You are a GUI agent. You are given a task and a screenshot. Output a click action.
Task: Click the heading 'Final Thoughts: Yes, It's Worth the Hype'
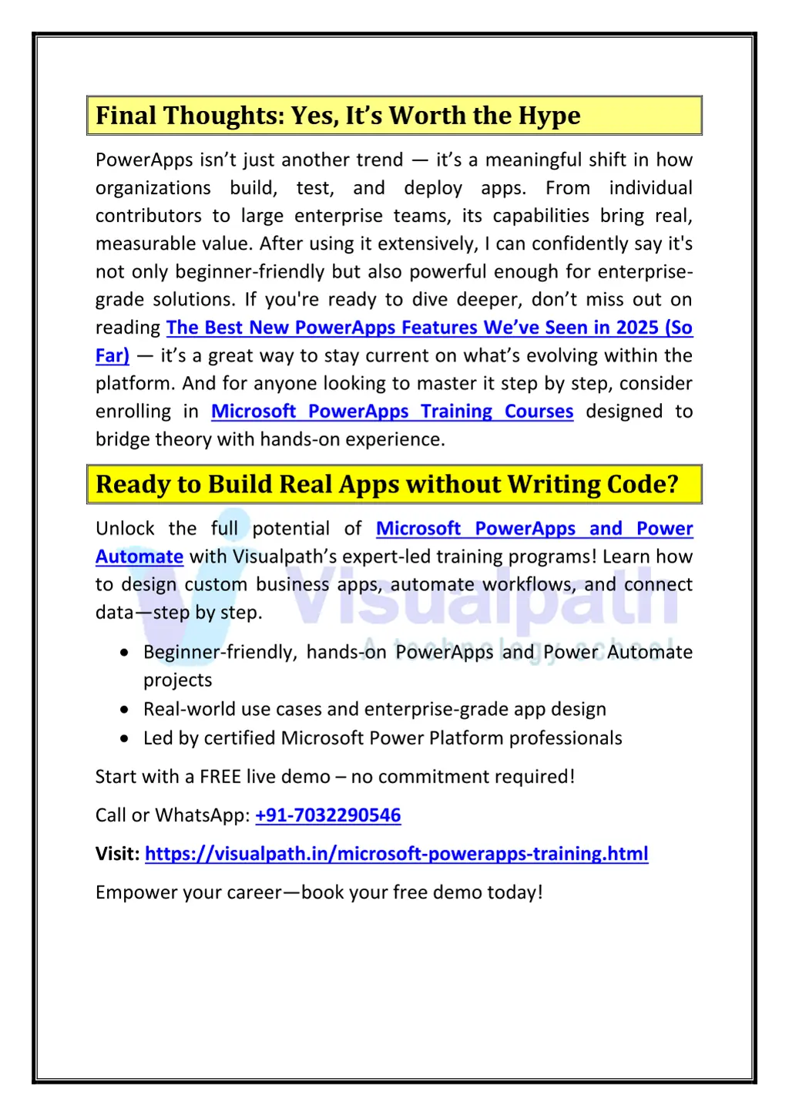(337, 116)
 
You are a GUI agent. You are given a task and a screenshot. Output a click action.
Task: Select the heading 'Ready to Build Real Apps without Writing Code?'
(387, 484)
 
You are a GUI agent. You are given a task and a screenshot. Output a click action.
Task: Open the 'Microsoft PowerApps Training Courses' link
(392, 412)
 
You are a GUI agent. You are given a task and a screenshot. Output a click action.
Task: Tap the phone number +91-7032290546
(327, 815)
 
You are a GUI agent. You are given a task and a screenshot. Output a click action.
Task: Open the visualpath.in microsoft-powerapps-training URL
(396, 854)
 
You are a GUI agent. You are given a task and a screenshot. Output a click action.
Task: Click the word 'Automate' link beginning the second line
(139, 556)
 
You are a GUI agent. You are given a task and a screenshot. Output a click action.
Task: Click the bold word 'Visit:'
(117, 854)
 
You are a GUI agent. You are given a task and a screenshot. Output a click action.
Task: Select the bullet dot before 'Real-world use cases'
(125, 709)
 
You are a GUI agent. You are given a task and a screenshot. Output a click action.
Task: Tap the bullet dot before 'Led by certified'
(125, 738)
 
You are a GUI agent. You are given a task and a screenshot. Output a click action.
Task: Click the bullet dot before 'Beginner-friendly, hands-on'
(125, 652)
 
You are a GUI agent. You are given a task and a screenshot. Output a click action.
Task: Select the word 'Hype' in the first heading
(549, 116)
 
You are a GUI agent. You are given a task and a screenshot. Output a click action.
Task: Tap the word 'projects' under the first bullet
(177, 681)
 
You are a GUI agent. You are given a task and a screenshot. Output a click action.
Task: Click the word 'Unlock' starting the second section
(125, 529)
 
